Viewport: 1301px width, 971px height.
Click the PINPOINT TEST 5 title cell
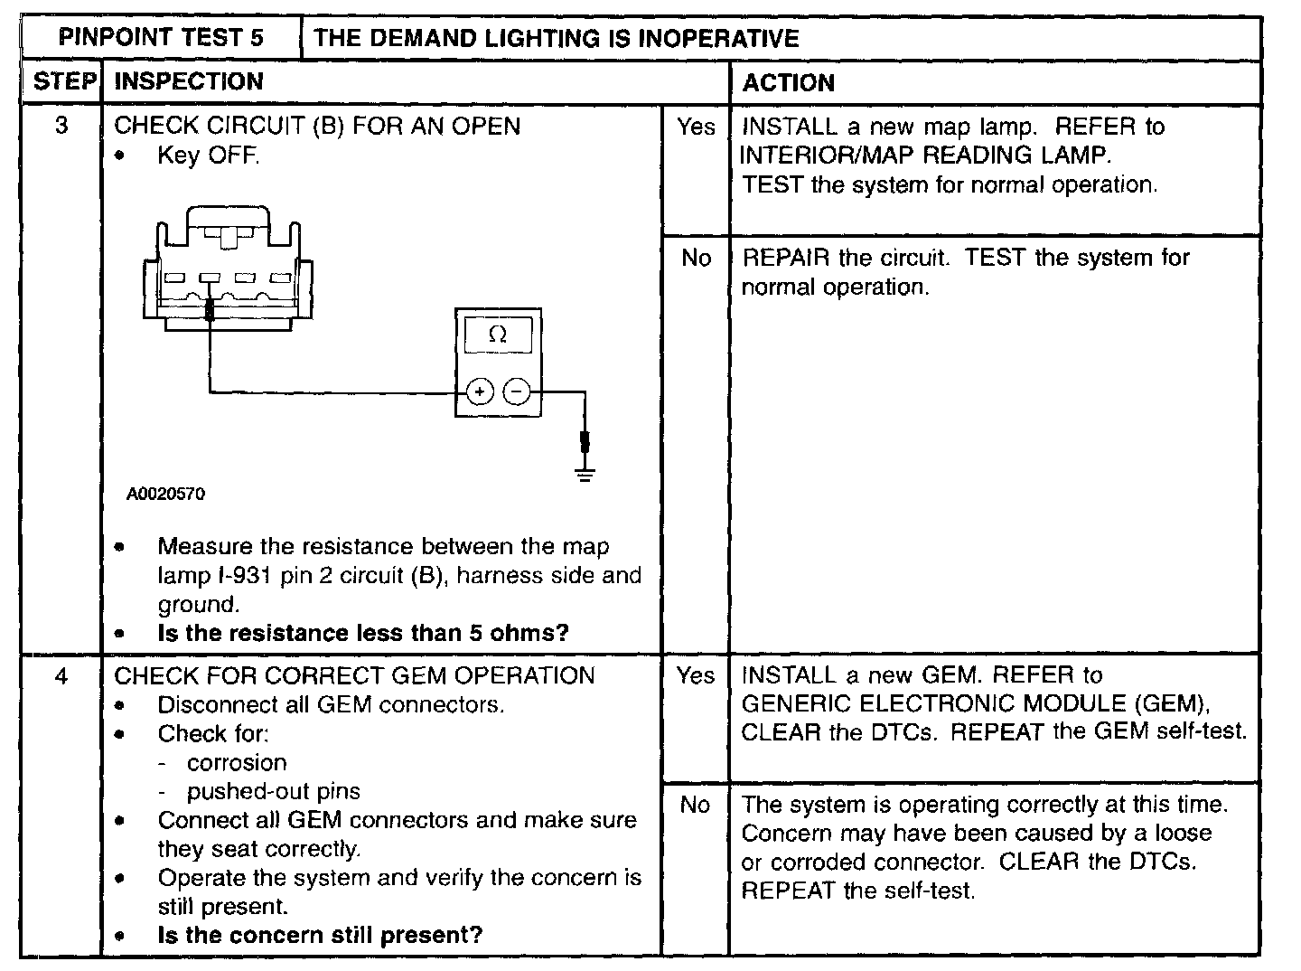pyautogui.click(x=161, y=38)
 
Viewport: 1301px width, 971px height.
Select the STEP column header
pyautogui.click(x=62, y=81)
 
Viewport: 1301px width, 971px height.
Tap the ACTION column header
pyautogui.click(x=788, y=83)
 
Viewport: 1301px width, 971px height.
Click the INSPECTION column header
pyautogui.click(x=189, y=81)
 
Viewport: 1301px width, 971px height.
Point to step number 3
pyautogui.click(x=61, y=125)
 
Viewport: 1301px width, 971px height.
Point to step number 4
pyautogui.click(x=61, y=675)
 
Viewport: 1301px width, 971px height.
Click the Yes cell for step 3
pyautogui.click(x=696, y=127)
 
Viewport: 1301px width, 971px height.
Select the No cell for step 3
pyautogui.click(x=696, y=259)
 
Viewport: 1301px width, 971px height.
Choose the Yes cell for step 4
pyautogui.click(x=696, y=675)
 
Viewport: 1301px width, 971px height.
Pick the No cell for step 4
pyautogui.click(x=696, y=805)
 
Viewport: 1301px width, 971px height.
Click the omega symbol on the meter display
pyautogui.click(x=498, y=335)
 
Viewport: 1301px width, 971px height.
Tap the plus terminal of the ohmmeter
pyautogui.click(x=479, y=392)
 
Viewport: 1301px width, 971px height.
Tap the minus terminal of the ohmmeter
pyautogui.click(x=517, y=392)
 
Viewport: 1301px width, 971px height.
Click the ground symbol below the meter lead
pyautogui.click(x=585, y=475)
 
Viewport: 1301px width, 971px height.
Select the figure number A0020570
pyautogui.click(x=166, y=494)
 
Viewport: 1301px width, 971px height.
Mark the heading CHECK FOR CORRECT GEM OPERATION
pyautogui.click(x=355, y=675)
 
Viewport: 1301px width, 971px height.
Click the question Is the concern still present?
pyautogui.click(x=320, y=935)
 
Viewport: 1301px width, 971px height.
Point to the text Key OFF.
pyautogui.click(x=209, y=155)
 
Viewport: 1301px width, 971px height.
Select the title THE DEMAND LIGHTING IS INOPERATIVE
pyautogui.click(x=557, y=38)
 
